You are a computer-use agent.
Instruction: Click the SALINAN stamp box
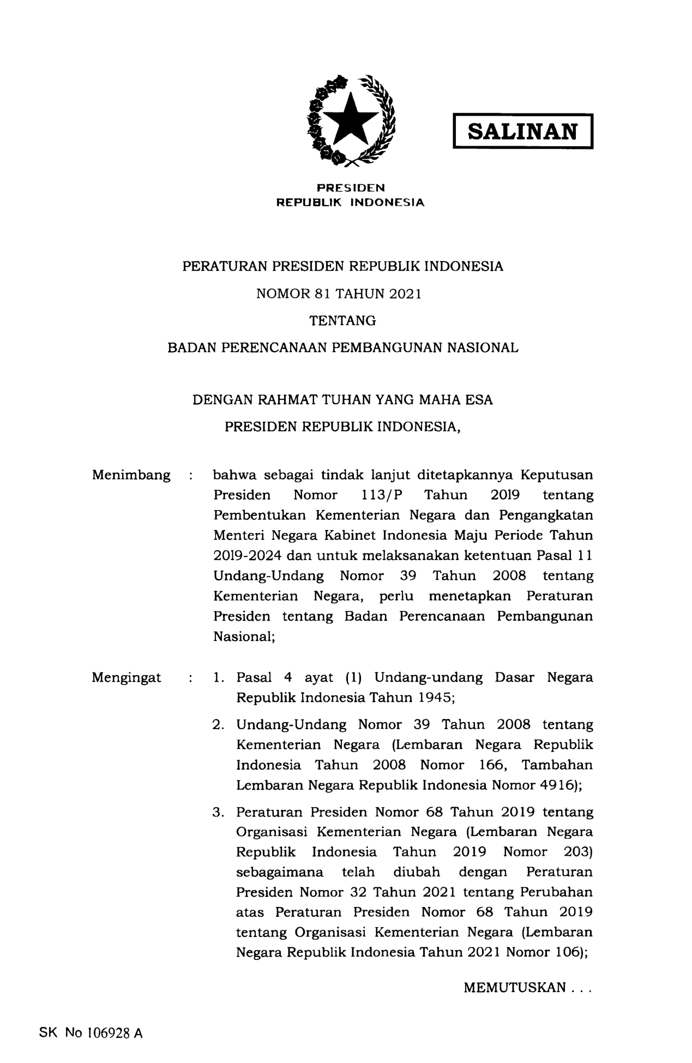(522, 131)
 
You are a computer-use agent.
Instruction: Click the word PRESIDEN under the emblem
(351, 188)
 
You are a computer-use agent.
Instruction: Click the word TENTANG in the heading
(343, 321)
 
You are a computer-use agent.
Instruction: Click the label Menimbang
(131, 475)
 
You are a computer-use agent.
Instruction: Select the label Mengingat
(127, 678)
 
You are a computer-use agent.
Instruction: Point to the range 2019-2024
(247, 556)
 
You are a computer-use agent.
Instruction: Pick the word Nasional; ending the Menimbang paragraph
(243, 636)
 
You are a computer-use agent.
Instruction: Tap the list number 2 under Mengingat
(218, 725)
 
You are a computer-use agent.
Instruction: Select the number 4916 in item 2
(557, 785)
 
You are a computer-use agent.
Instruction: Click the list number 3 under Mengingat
(218, 812)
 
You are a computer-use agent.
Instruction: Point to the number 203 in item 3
(577, 852)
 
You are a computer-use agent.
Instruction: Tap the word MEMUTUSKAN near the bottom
(515, 988)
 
